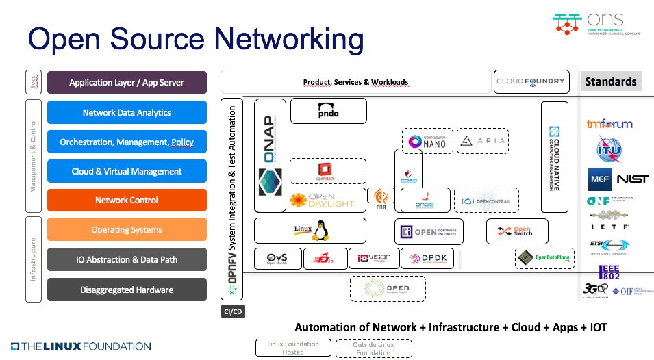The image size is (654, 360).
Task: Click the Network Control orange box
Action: [x=127, y=200]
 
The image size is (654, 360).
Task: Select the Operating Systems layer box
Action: [x=127, y=230]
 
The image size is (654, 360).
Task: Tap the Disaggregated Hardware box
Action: [x=127, y=290]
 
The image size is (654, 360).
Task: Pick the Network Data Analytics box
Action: [x=127, y=112]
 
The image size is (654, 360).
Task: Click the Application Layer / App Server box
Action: [x=127, y=83]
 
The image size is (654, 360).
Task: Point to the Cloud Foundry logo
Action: [x=531, y=82]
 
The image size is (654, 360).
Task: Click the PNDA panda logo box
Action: [x=329, y=111]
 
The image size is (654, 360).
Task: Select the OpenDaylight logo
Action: [x=322, y=200]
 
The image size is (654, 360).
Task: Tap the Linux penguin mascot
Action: [x=318, y=231]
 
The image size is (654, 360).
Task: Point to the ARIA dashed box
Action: [x=483, y=142]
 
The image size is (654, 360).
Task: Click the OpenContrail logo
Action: [x=487, y=201]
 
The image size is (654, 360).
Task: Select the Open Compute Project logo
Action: [x=388, y=287]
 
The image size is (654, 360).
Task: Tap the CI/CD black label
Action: [x=234, y=311]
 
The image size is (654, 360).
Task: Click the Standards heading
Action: [x=611, y=81]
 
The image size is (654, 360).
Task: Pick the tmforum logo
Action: [x=609, y=124]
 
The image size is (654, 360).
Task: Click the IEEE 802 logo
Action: [x=609, y=272]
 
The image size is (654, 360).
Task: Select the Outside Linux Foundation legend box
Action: [x=374, y=348]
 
